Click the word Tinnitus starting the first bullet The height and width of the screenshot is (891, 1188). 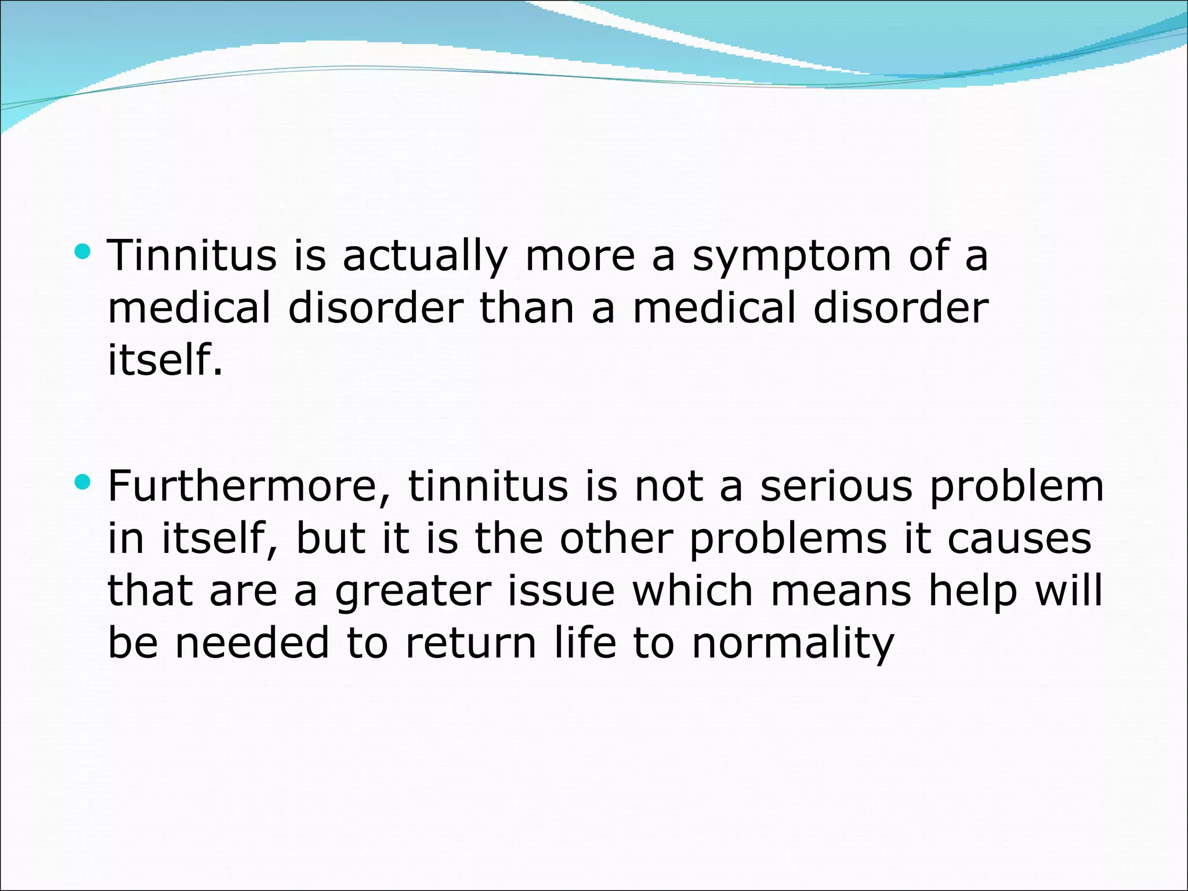192,256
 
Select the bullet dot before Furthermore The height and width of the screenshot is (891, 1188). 83,481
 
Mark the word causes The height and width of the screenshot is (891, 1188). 1019,539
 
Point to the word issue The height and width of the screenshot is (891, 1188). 561,592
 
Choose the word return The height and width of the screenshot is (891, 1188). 470,644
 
